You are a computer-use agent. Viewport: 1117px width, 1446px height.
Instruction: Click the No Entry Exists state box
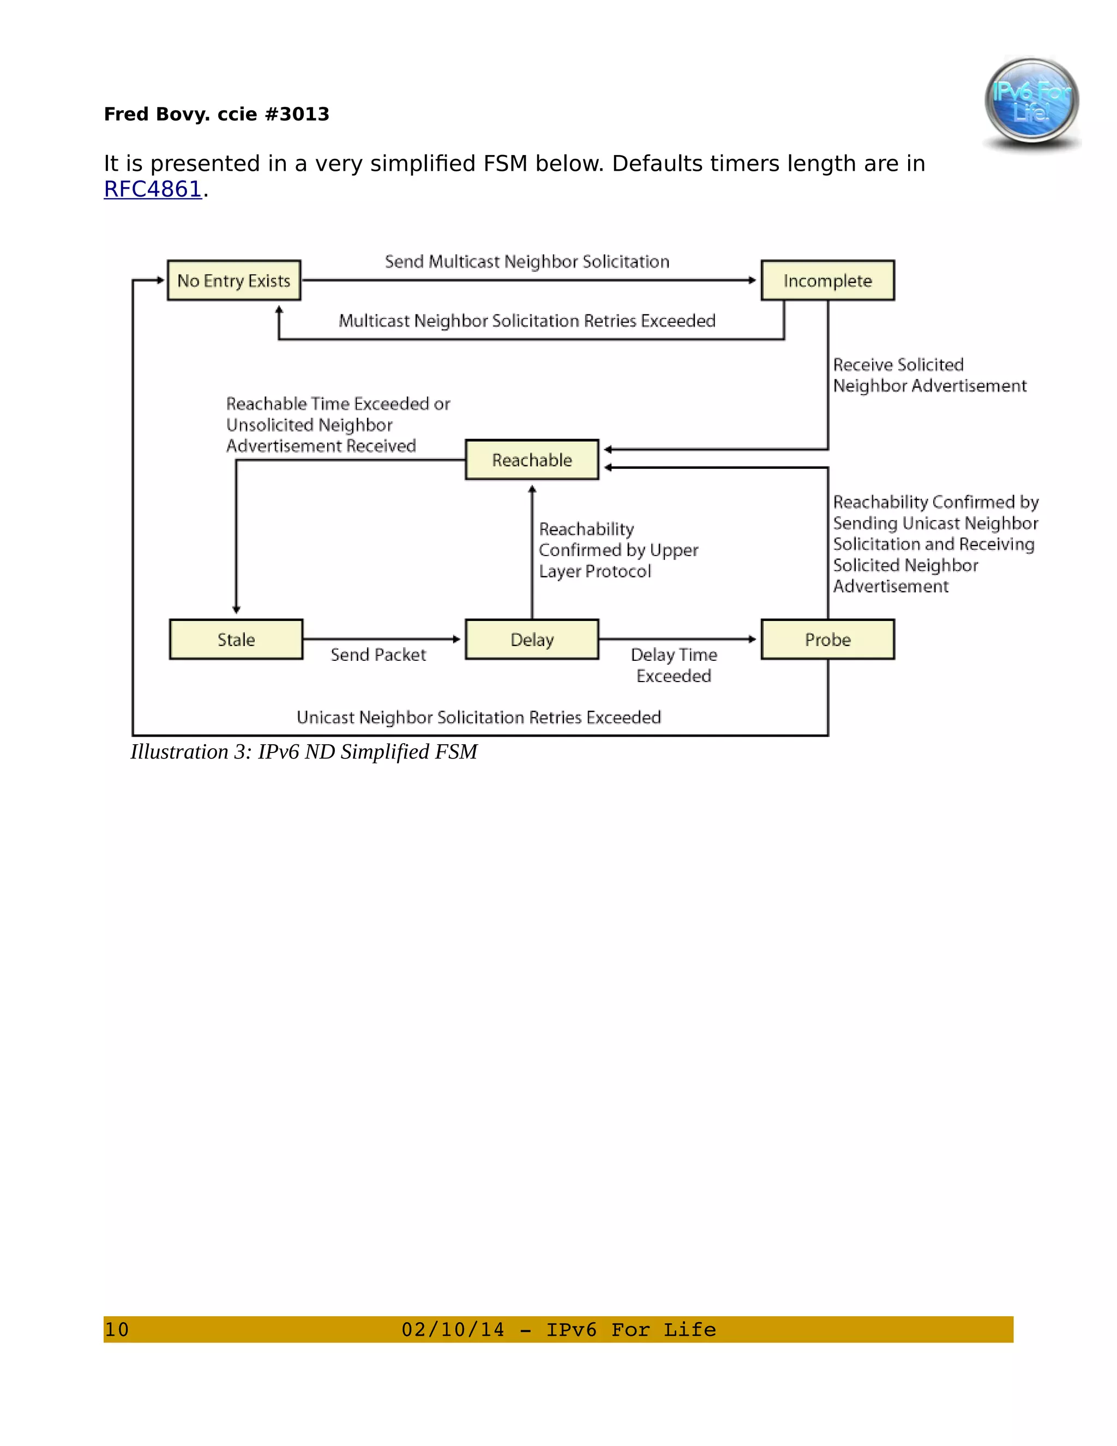233,280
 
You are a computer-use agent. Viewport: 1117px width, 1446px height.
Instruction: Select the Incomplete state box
827,280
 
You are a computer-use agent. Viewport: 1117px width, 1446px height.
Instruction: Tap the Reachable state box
532,459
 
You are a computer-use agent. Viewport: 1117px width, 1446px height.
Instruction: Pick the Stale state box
236,640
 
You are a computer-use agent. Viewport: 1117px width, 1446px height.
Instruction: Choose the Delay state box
532,640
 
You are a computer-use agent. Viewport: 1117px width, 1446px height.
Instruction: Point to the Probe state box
827,640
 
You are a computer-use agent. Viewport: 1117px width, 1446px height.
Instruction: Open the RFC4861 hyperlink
153,189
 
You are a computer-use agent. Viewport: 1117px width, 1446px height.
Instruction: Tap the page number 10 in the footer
117,1329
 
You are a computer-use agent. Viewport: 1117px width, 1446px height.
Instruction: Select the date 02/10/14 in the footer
453,1329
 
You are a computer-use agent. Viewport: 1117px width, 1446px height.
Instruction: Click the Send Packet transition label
379,655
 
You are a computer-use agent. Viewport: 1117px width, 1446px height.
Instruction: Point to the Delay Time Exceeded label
674,665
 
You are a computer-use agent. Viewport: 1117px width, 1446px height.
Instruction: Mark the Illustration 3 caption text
304,752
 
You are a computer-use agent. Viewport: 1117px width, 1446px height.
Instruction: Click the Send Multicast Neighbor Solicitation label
527,262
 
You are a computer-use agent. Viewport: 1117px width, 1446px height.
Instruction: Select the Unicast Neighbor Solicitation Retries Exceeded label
478,718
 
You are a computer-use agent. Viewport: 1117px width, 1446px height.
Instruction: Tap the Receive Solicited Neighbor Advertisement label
929,375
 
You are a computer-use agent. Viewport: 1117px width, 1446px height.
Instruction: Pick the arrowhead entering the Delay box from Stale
457,640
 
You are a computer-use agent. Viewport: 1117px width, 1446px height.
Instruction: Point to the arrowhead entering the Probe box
752,640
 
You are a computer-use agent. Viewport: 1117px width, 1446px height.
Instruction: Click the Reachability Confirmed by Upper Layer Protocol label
618,550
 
